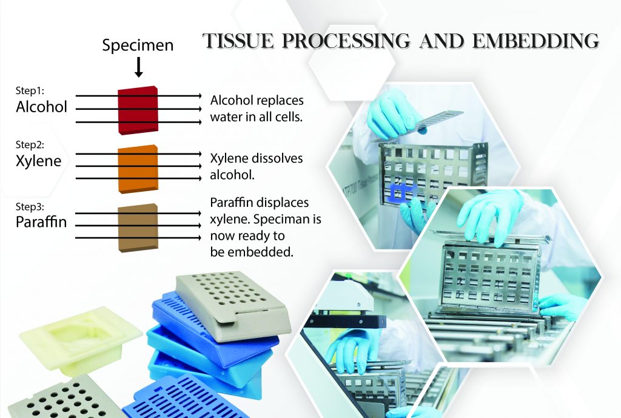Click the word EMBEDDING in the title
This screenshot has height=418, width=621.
pyautogui.click(x=536, y=41)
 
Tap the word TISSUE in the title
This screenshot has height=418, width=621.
pyautogui.click(x=238, y=41)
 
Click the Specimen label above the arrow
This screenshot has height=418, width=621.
pyautogui.click(x=138, y=46)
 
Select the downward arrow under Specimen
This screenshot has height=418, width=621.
pyautogui.click(x=139, y=67)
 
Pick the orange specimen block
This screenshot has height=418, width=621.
pyautogui.click(x=138, y=169)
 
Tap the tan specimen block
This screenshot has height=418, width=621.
pyautogui.click(x=138, y=228)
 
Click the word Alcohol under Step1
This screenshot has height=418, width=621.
pyautogui.click(x=42, y=107)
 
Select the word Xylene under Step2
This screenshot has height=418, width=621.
pyautogui.click(x=39, y=161)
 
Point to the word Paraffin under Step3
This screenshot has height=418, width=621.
pyautogui.click(x=41, y=222)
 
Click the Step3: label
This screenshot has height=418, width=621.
pyautogui.click(x=30, y=207)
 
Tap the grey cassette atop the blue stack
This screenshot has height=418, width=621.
pyautogui.click(x=233, y=305)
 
